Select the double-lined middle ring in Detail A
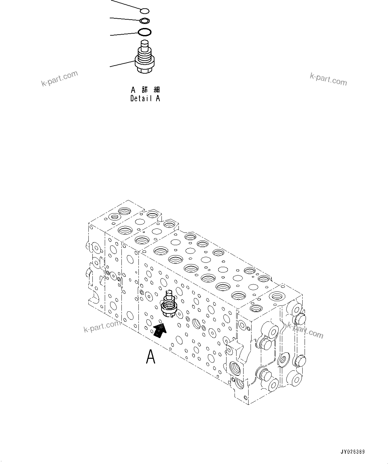[x=144, y=21]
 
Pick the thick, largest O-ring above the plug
[x=144, y=32]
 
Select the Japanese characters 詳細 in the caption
[x=151, y=90]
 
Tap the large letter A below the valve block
[x=151, y=357]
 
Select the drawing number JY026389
[x=352, y=452]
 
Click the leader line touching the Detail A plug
[x=122, y=64]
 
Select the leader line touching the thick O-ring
[x=123, y=34]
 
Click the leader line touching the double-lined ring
[x=125, y=19]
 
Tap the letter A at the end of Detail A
[x=158, y=98]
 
